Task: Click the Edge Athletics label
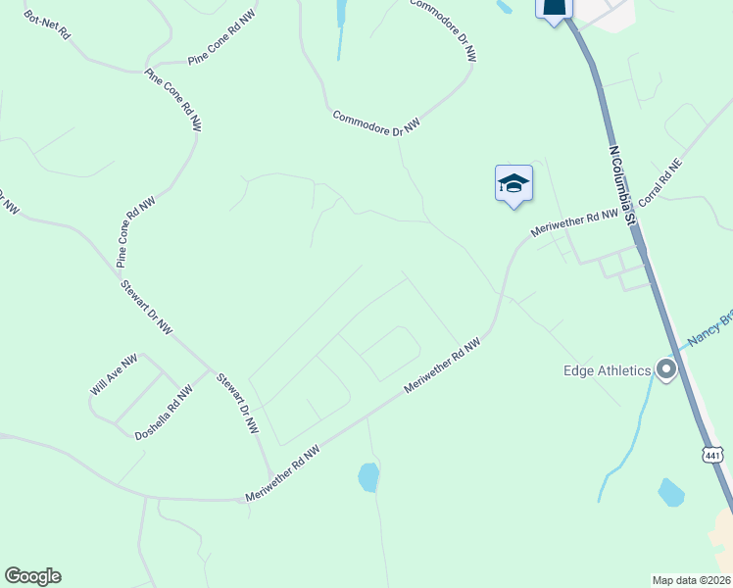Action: pos(608,370)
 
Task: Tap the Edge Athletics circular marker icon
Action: pos(667,370)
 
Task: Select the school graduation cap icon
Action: pos(513,183)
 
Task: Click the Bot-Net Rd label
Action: pos(47,24)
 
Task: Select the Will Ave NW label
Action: pos(115,375)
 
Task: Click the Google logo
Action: pos(32,576)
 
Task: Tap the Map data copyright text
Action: pos(691,579)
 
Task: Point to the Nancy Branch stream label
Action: pos(709,328)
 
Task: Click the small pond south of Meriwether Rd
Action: pos(368,477)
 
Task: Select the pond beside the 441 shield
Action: pos(671,492)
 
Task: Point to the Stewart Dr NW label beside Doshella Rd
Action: pos(237,403)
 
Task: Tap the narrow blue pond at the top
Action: pos(342,14)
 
